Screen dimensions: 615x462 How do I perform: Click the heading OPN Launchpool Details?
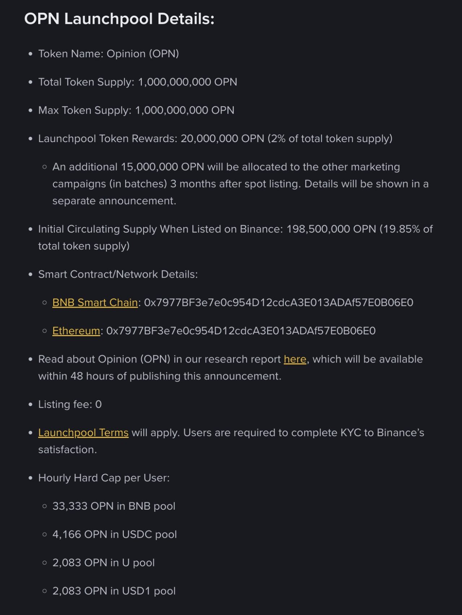[119, 19]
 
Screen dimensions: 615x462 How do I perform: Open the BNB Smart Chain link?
[95, 302]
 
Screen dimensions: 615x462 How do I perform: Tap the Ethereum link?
[76, 331]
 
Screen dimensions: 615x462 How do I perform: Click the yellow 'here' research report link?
[295, 359]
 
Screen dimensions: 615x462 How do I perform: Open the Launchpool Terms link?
[83, 432]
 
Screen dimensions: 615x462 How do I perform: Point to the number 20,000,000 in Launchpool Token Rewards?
[209, 139]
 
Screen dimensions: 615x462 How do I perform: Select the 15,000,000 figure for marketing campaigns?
[149, 167]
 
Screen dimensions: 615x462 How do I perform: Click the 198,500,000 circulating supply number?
[318, 229]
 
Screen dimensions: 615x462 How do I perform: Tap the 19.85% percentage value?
[402, 229]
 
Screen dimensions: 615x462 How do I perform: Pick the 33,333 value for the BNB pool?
[70, 506]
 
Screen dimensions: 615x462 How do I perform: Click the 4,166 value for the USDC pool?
[67, 534]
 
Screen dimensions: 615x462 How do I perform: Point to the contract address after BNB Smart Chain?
[279, 302]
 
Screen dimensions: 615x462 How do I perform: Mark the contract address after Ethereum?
[241, 331]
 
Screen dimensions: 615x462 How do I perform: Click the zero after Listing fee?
[99, 404]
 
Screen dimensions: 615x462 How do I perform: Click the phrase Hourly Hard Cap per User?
[104, 478]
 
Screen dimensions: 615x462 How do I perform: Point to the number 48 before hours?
[77, 376]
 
